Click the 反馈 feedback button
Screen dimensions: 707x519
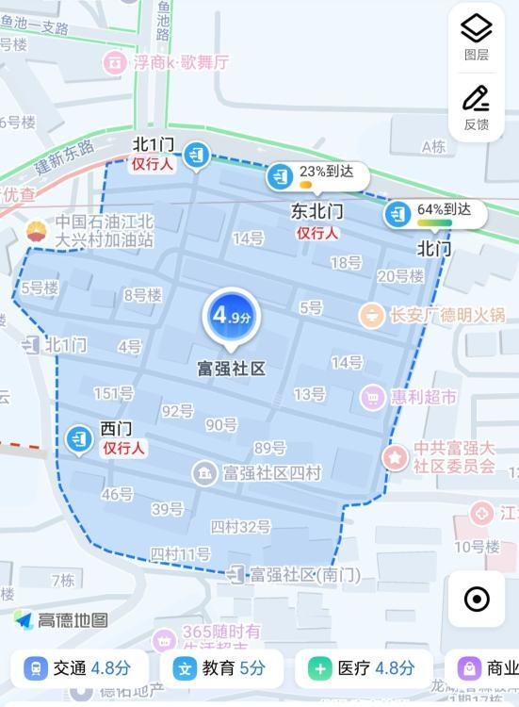(x=477, y=107)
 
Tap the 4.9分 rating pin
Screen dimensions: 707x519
(x=230, y=317)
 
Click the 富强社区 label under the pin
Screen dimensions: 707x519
(x=231, y=368)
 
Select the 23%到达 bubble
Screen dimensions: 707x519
(x=316, y=174)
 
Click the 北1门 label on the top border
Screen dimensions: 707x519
(x=153, y=144)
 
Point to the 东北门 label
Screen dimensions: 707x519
(x=316, y=211)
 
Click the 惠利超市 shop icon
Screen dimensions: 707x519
(x=372, y=397)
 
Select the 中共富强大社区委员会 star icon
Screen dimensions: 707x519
(x=395, y=457)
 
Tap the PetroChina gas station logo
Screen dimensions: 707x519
(x=35, y=231)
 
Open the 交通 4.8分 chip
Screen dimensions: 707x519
(x=79, y=668)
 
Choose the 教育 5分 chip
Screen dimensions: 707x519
(x=220, y=668)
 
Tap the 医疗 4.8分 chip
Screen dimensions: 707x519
(x=364, y=668)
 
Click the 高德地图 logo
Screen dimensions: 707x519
(x=60, y=620)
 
